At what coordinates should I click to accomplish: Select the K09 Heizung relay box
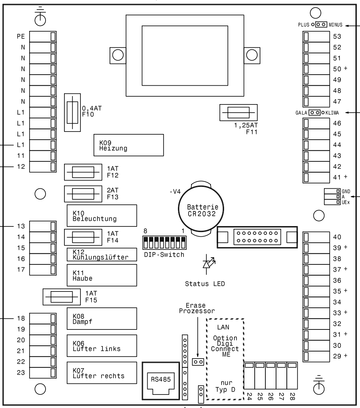(128, 145)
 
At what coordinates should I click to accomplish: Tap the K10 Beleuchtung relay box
(102, 215)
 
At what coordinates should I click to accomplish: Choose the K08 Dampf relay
(102, 318)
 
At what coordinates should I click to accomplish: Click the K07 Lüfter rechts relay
(102, 373)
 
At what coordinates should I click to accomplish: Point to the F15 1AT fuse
(63, 297)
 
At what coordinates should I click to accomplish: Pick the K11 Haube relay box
(102, 275)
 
